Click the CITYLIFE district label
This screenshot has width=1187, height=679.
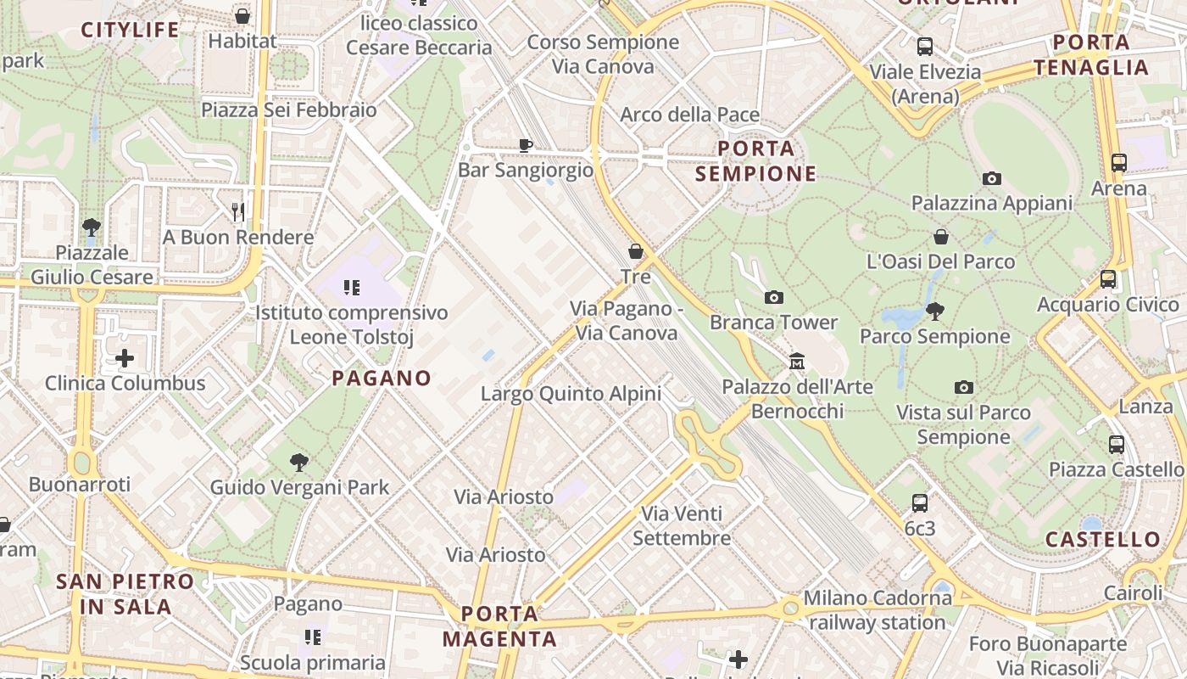pos(130,31)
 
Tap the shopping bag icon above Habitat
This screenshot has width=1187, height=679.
pos(242,16)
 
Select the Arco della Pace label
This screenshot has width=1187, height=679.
pos(689,115)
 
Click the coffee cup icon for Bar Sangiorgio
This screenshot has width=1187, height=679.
pos(526,145)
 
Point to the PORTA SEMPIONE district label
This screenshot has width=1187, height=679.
pos(756,161)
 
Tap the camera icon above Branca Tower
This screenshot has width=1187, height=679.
pos(773,297)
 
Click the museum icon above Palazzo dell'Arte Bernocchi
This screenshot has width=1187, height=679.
pos(797,362)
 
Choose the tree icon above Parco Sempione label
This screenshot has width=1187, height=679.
pos(935,311)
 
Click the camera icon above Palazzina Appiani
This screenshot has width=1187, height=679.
pos(991,178)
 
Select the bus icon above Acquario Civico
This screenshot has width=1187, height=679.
pos(1107,278)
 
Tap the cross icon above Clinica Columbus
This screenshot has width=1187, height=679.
pos(125,358)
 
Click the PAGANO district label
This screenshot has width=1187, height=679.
pos(382,379)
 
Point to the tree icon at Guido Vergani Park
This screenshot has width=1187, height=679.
pos(298,463)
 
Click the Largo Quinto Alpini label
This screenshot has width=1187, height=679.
pos(571,394)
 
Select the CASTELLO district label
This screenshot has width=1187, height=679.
pos(1102,540)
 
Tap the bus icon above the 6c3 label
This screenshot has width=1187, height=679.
pos(920,503)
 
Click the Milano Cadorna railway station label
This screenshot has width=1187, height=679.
pos(878,610)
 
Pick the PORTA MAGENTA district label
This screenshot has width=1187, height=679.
pos(500,626)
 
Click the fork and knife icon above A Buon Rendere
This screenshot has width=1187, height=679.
pos(238,211)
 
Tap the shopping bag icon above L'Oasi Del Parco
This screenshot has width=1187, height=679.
pos(940,236)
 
